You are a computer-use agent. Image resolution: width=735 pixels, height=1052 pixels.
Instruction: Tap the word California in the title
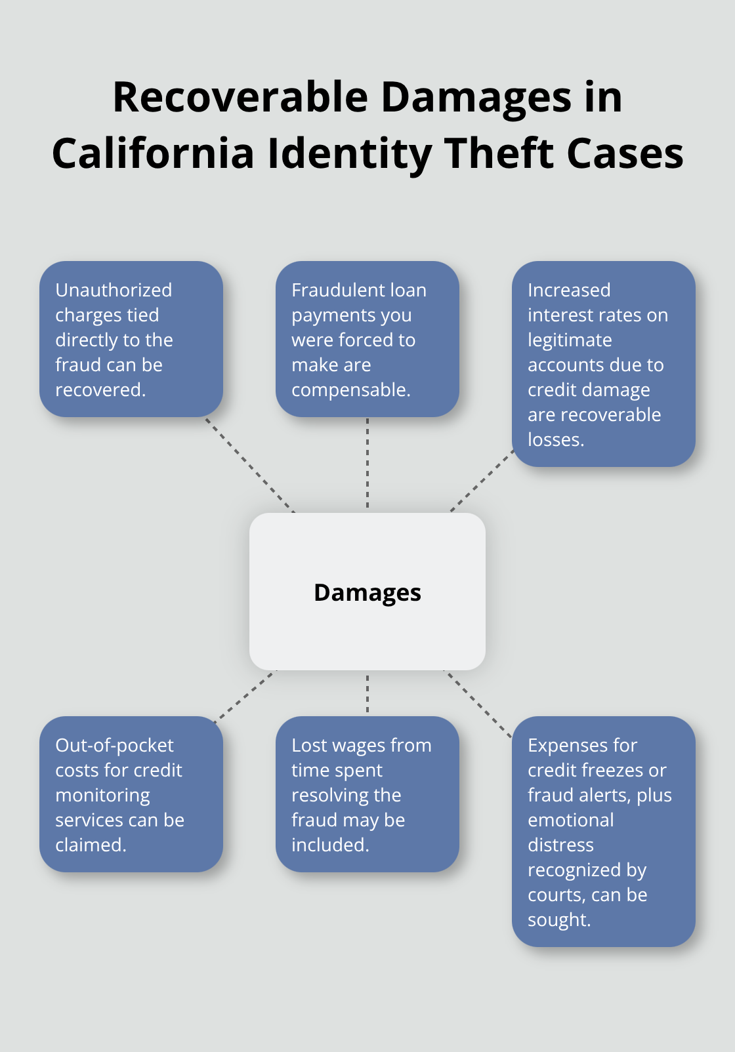pos(152,153)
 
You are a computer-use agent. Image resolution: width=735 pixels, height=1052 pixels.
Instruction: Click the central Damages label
pos(367,592)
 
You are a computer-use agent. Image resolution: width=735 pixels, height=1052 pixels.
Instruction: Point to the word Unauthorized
pos(114,290)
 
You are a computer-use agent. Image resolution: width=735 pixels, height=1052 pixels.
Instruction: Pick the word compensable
pos(350,390)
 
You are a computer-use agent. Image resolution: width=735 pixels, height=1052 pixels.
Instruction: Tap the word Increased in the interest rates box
pos(569,290)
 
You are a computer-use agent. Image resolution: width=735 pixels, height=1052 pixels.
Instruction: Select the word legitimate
pos(570,340)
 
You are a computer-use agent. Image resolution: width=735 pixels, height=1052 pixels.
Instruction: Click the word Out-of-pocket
pos(114,745)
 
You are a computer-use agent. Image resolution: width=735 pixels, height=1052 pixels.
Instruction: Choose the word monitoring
pos(102,795)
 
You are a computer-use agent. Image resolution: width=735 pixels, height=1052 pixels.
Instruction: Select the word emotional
pos(570,820)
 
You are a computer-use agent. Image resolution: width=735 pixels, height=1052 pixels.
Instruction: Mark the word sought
pos(558,920)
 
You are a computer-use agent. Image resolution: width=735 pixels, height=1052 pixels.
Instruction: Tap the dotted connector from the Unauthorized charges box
pos(250,464)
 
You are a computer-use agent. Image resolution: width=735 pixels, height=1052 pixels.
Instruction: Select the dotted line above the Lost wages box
pos(367,693)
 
